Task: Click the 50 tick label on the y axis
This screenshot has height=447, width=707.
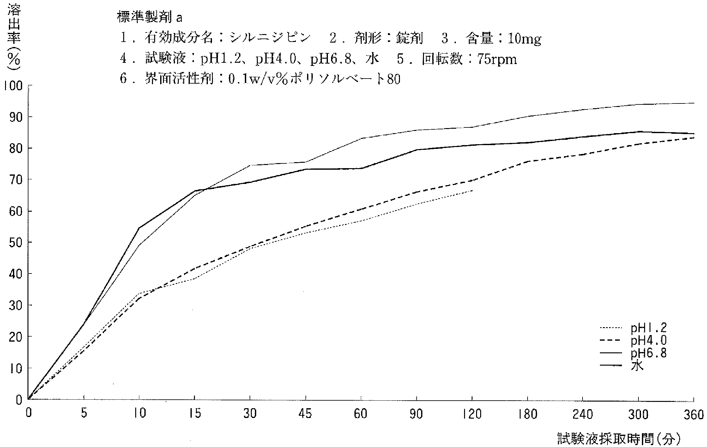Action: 15,242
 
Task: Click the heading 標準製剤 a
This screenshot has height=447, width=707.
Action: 149,17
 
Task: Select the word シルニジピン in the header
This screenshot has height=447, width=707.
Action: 270,38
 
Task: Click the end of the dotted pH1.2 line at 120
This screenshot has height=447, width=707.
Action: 472,191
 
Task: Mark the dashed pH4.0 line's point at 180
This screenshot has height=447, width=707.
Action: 528,161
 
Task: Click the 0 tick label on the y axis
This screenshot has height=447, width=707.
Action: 19,400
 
